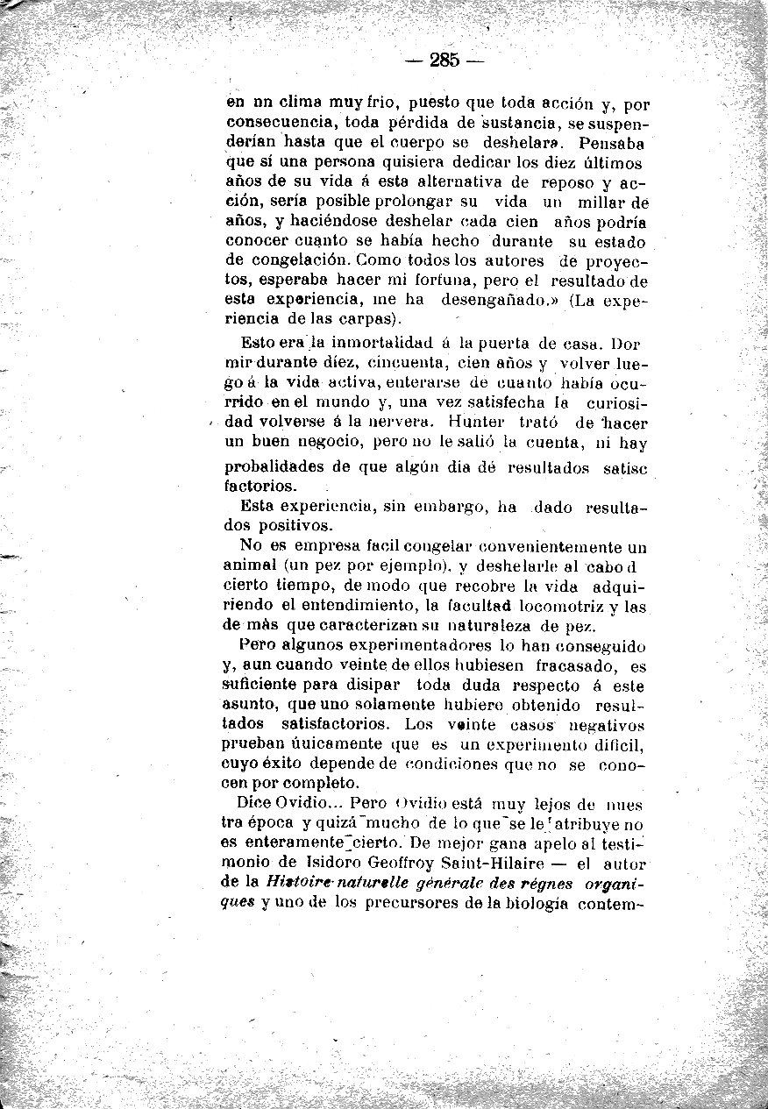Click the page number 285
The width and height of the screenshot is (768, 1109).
[x=445, y=60]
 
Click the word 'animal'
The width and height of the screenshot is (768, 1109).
[x=250, y=565]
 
